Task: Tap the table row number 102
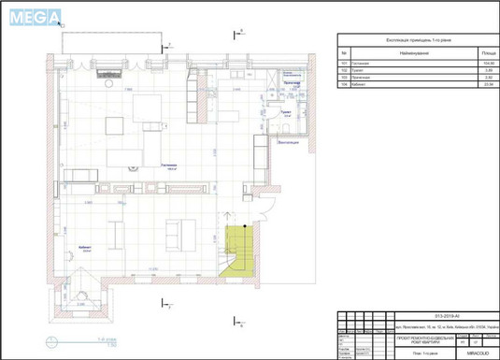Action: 344,70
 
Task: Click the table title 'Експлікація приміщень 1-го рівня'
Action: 416,40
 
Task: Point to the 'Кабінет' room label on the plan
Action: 86,249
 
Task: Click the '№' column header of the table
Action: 344,53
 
